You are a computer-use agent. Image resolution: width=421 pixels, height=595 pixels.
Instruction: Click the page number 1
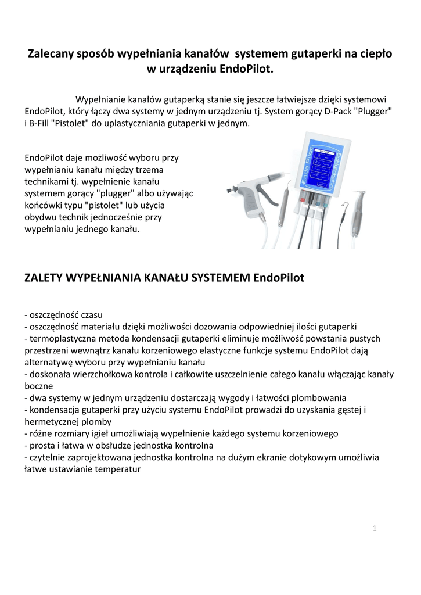375,528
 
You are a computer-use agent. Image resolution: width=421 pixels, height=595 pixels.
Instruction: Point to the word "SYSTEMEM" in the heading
222,278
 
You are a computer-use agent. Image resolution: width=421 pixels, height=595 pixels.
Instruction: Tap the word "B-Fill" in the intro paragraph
42,123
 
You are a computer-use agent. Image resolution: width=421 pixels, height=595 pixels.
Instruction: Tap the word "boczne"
39,385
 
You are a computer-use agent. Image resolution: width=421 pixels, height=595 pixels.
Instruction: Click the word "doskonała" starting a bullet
49,374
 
